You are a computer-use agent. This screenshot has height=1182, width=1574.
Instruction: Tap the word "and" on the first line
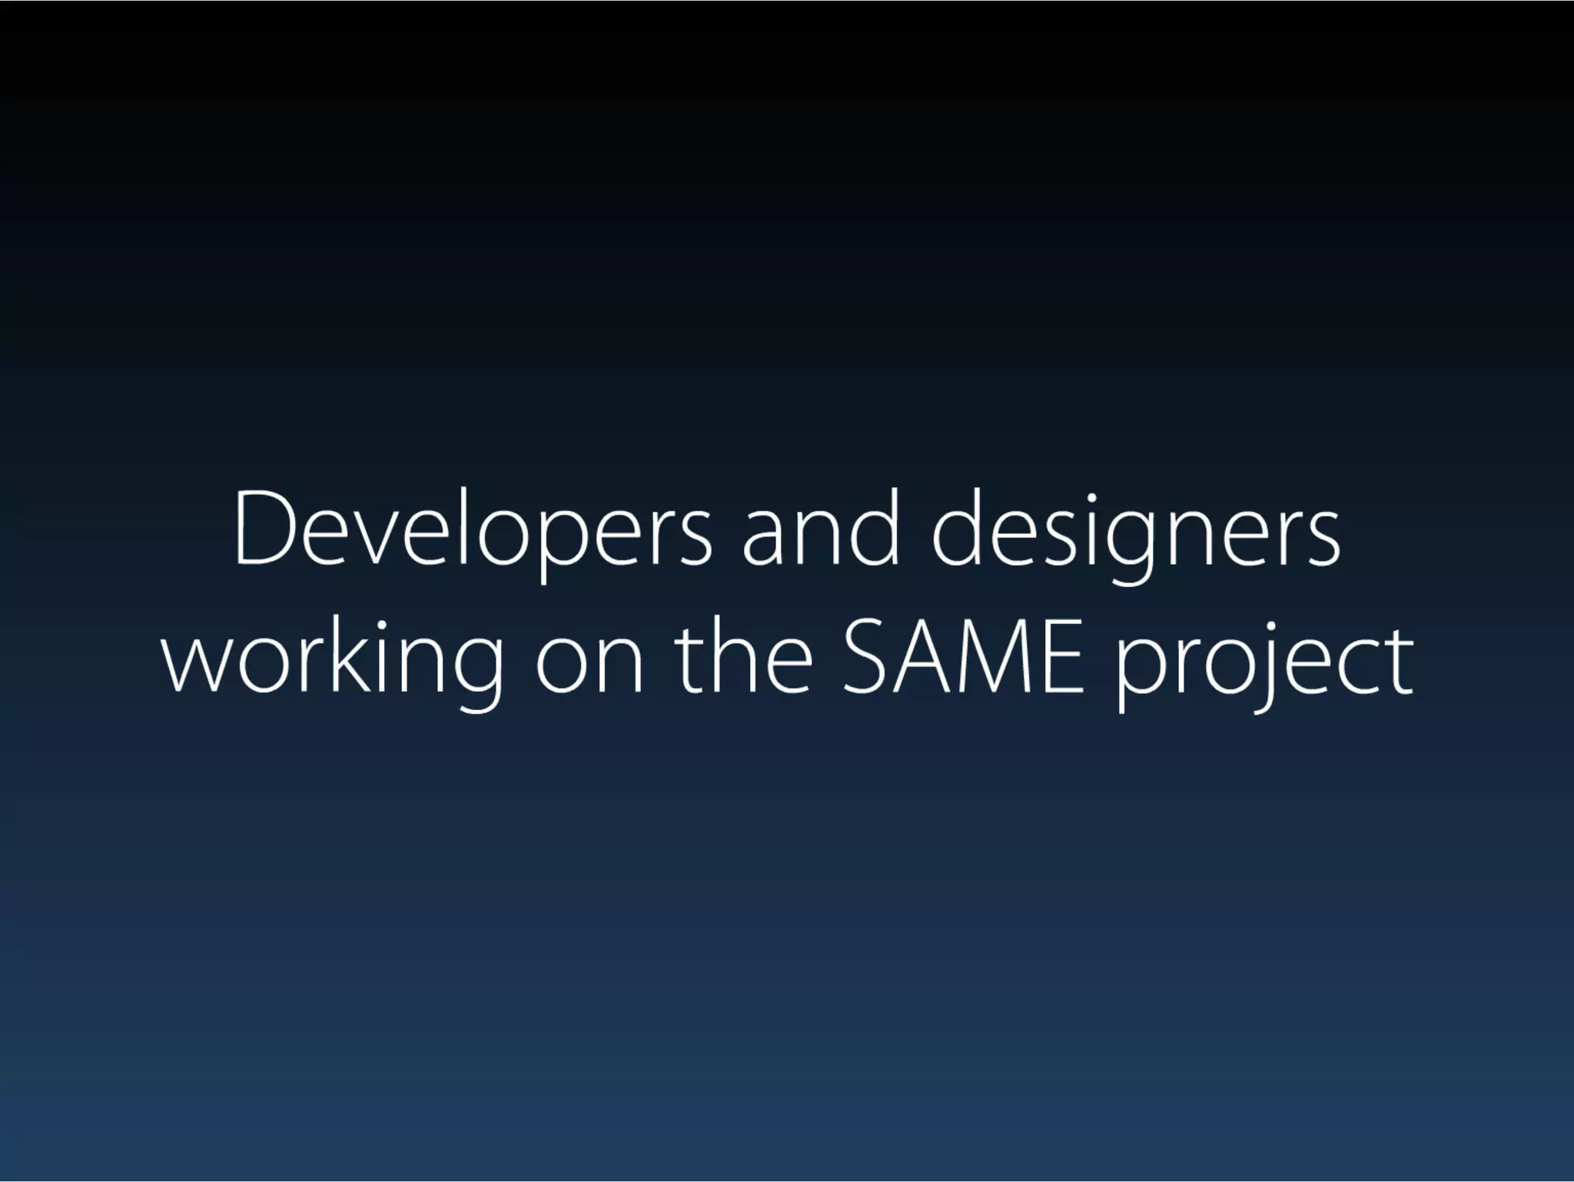click(x=820, y=530)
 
